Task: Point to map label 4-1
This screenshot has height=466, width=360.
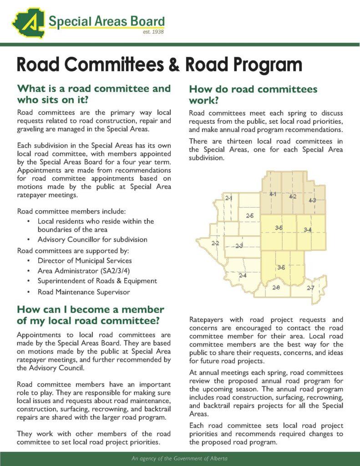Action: point(273,194)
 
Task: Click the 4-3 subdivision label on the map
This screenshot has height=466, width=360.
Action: point(312,200)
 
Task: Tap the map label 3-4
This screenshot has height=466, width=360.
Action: point(307,229)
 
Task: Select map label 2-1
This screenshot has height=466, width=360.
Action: point(229,198)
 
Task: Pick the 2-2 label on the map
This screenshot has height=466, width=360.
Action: point(215,243)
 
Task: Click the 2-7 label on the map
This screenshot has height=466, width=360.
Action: point(310,288)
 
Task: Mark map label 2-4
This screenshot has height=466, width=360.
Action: point(243,275)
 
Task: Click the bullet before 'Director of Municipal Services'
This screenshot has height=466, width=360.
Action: point(29,261)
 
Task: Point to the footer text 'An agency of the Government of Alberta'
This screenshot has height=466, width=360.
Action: point(180,459)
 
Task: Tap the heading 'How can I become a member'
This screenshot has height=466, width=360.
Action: point(90,310)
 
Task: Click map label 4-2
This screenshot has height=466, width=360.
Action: point(293,197)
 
